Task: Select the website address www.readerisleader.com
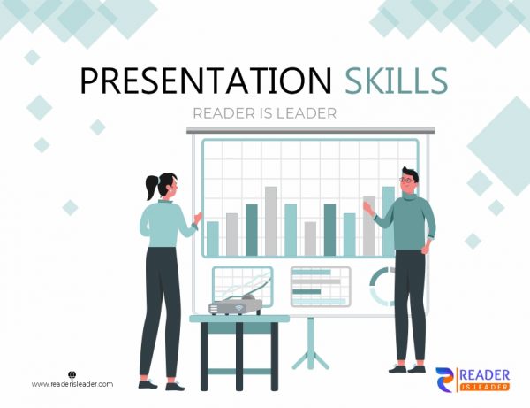(72, 384)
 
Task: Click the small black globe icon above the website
(72, 373)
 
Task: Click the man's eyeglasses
(407, 180)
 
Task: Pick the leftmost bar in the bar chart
(212, 238)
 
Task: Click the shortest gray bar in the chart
(310, 238)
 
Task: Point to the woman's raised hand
(197, 216)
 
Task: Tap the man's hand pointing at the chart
(367, 206)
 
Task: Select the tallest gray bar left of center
(270, 220)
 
